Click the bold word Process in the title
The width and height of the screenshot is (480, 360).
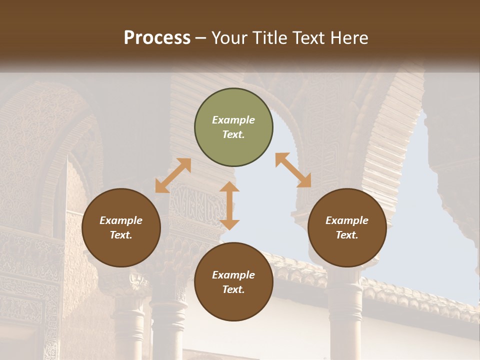tap(157, 38)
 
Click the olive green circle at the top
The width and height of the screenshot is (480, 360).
tap(233, 127)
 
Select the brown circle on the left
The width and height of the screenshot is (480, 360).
tap(121, 228)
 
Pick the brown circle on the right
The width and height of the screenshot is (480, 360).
tap(347, 228)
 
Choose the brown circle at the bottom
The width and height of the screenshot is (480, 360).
tap(233, 282)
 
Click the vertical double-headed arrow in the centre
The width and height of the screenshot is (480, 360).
tap(229, 205)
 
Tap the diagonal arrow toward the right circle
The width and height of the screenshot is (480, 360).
tap(293, 170)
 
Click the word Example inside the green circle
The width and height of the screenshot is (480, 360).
tap(233, 120)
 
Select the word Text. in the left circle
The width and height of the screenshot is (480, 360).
tap(121, 235)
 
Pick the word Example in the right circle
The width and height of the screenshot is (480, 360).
tap(347, 220)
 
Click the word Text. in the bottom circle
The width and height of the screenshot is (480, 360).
tap(233, 289)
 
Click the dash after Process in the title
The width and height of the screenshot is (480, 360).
tap(201, 38)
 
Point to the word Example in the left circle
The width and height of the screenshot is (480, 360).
tap(121, 220)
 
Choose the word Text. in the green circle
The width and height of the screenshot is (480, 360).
tap(233, 134)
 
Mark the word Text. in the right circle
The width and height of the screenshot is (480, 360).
tap(347, 235)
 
